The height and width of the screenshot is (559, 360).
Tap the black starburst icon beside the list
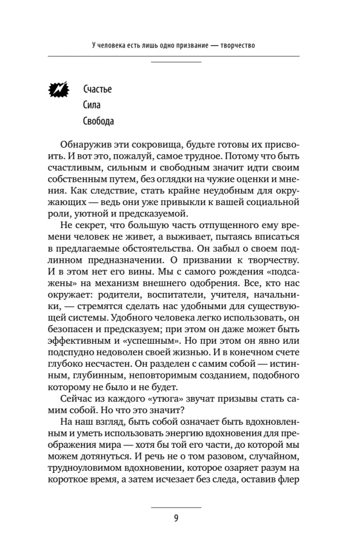pos(59,89)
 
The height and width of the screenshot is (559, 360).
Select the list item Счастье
pos(97,89)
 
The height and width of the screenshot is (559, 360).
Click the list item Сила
pos(92,105)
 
